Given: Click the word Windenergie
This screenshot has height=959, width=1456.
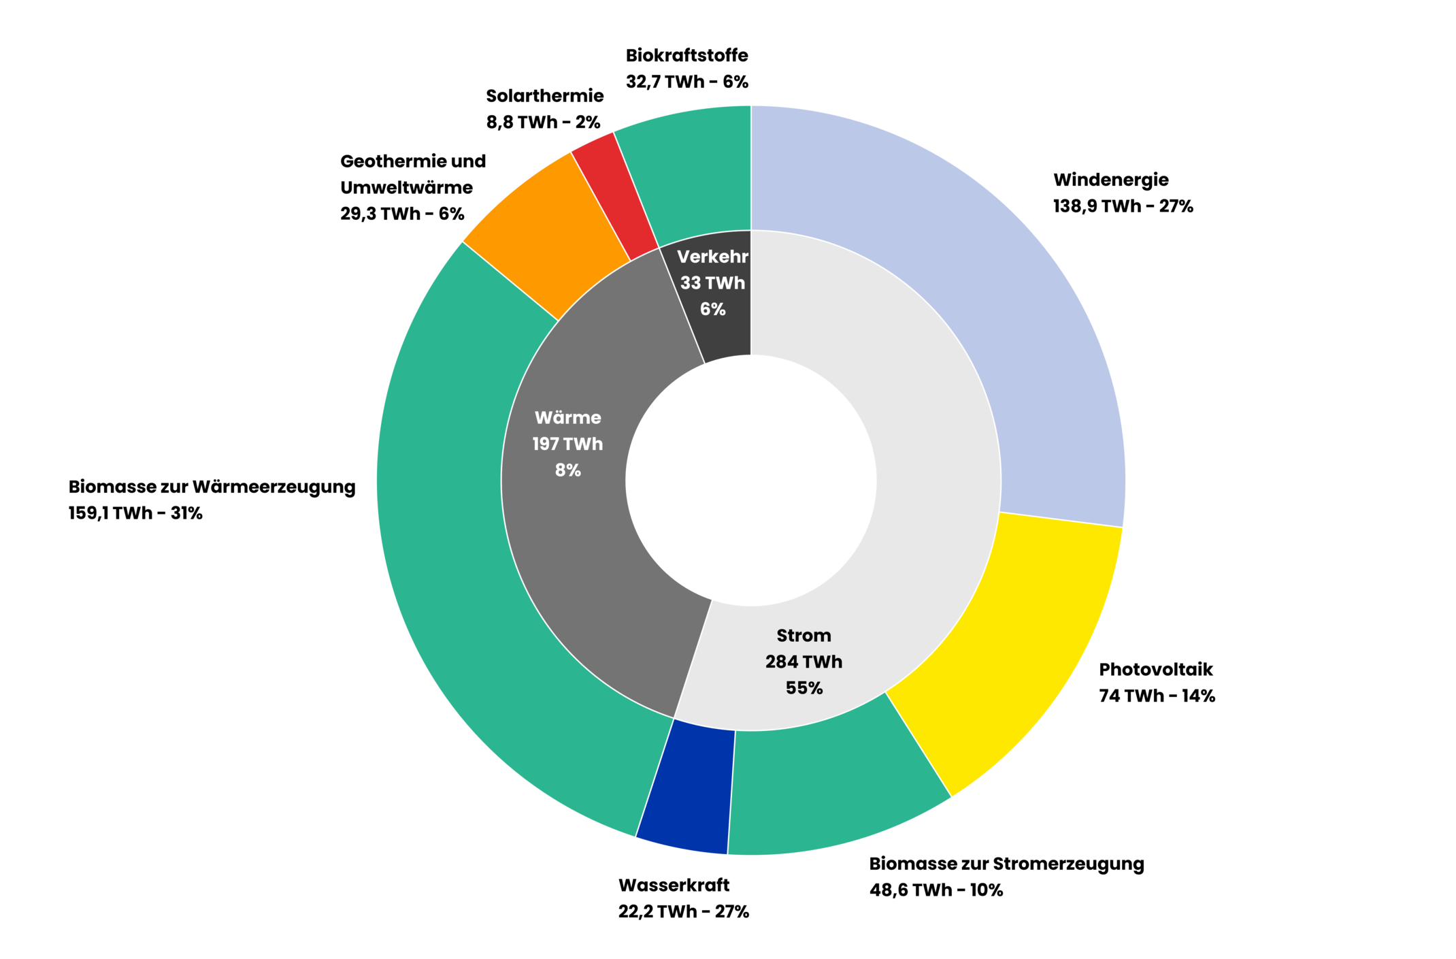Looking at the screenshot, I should (x=1110, y=180).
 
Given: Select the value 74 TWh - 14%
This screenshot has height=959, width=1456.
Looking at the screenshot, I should (x=1157, y=696).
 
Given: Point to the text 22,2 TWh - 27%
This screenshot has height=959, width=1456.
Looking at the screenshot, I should (x=683, y=911).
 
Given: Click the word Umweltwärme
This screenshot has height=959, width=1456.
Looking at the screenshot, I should (x=406, y=188).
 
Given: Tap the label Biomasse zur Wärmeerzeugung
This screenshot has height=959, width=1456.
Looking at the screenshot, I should (x=212, y=487).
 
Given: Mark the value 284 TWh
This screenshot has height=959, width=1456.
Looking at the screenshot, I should (x=804, y=662).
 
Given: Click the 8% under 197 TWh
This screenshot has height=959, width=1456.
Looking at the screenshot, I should (x=567, y=470).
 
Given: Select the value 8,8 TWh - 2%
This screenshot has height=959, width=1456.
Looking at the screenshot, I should (x=543, y=123).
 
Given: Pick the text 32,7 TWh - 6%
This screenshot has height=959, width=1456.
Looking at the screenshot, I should (x=686, y=82).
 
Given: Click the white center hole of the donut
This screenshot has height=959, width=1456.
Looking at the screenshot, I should (x=750, y=480).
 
